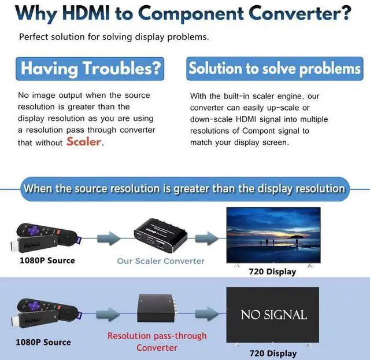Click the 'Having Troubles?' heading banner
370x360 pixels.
tap(91, 68)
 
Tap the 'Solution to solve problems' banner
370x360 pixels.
tap(274, 68)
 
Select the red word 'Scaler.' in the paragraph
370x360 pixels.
tap(84, 141)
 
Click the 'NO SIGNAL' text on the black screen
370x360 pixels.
tap(273, 315)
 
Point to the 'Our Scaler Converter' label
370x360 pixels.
tap(161, 261)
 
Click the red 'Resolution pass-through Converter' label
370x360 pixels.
tap(157, 341)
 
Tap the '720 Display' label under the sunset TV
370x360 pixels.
tap(272, 271)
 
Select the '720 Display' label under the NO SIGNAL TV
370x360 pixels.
tap(272, 353)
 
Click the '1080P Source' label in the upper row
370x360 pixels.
tap(47, 260)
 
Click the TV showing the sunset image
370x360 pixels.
tap(273, 235)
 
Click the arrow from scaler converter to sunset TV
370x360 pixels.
tap(206, 237)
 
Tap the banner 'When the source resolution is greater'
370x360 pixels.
tap(184, 189)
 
